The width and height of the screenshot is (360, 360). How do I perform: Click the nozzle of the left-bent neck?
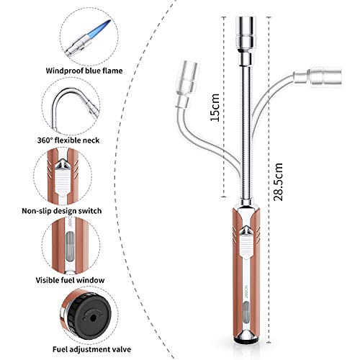pos(189,73)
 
